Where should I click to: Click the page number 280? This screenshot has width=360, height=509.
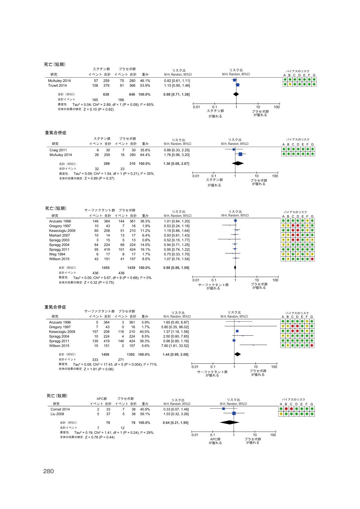pyautogui.click(x=49, y=471)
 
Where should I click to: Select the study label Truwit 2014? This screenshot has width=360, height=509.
pyautogui.click(x=57, y=85)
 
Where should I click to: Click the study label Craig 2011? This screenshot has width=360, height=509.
pyautogui.click(x=58, y=150)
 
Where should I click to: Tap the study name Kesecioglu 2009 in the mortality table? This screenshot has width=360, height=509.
pyautogui.click(x=62, y=231)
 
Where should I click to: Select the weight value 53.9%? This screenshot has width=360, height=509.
pyautogui.click(x=145, y=85)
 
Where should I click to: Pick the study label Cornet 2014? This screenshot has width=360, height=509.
pyautogui.click(x=60, y=409)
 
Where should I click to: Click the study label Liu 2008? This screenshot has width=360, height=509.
pyautogui.click(x=57, y=414)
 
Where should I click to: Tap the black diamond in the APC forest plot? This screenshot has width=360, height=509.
pyautogui.click(x=229, y=422)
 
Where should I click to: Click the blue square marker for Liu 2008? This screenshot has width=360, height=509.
pyautogui.click(x=234, y=413)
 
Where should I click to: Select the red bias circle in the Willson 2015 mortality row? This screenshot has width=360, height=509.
pyautogui.click(x=312, y=259)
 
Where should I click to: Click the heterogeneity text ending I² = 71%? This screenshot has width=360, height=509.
pyautogui.click(x=115, y=364)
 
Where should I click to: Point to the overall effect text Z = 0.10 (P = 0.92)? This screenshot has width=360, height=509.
pyautogui.click(x=98, y=109)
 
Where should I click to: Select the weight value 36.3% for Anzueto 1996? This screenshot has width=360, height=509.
pyautogui.click(x=145, y=221)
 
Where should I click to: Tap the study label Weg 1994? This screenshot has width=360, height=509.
pyautogui.click(x=57, y=254)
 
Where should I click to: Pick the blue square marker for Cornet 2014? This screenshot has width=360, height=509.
pyautogui.click(x=223, y=409)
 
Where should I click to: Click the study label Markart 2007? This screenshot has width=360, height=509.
pyautogui.click(x=59, y=235)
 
